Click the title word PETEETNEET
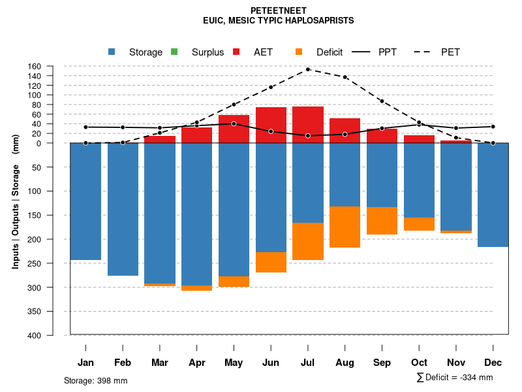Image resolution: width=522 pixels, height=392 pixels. (x=279, y=10)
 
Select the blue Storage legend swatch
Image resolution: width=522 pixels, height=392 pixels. (x=112, y=52)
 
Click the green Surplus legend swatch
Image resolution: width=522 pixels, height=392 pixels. (x=174, y=52)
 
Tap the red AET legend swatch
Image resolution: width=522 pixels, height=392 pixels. (x=236, y=52)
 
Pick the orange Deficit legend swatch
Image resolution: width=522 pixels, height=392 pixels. (x=299, y=52)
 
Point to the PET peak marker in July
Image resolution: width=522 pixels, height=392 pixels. (x=308, y=69)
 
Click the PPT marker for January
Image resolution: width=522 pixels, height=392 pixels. (x=85, y=127)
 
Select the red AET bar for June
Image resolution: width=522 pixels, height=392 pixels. (x=271, y=125)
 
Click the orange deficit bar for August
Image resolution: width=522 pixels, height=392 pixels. (x=345, y=227)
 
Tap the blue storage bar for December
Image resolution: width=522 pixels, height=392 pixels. (x=493, y=195)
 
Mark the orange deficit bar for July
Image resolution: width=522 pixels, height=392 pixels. (x=308, y=241)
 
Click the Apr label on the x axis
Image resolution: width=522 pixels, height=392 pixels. (x=196, y=363)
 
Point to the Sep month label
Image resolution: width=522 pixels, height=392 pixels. (x=382, y=363)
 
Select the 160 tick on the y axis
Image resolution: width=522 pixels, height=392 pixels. (x=53, y=67)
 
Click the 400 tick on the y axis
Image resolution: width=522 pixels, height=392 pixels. (x=52, y=335)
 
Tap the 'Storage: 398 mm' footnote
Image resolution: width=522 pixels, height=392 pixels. (x=95, y=380)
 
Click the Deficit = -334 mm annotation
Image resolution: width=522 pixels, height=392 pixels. (x=455, y=378)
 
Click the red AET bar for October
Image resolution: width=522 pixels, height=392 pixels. (x=419, y=139)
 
